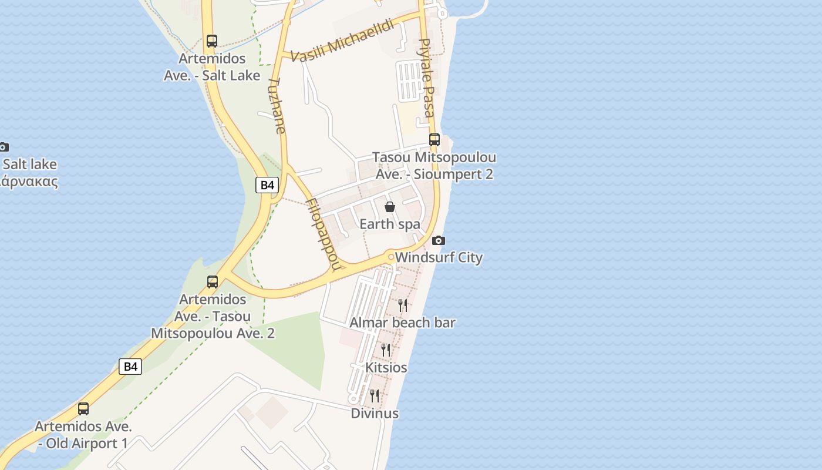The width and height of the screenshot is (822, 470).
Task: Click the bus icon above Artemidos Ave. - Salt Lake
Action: point(212,41)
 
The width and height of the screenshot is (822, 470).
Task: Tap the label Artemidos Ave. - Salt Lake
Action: point(212,67)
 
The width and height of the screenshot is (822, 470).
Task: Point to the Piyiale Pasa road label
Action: point(427,78)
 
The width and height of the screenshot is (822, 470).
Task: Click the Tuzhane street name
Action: point(277,106)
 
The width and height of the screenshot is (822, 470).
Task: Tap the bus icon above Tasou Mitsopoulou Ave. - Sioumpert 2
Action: point(434,140)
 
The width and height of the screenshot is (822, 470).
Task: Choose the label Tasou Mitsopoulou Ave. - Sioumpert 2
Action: point(434,166)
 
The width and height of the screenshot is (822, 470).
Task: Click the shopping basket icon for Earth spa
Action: point(389,207)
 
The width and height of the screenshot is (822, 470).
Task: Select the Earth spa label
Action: point(390,224)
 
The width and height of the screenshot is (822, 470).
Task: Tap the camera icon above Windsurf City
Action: point(438,240)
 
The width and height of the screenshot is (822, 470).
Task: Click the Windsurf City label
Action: point(439,257)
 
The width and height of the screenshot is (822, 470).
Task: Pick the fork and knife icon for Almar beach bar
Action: point(403,305)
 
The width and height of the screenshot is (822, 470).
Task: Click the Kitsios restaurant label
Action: point(386,368)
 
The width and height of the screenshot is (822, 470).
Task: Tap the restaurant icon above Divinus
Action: point(375,396)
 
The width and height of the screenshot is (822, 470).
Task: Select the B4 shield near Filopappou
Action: point(267,185)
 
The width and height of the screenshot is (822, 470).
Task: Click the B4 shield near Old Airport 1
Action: point(130,367)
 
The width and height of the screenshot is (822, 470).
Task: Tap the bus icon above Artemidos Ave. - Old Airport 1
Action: point(83,409)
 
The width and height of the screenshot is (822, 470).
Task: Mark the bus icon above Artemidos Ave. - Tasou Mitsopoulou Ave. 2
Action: point(213,282)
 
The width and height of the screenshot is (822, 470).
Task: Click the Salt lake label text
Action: point(30,164)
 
